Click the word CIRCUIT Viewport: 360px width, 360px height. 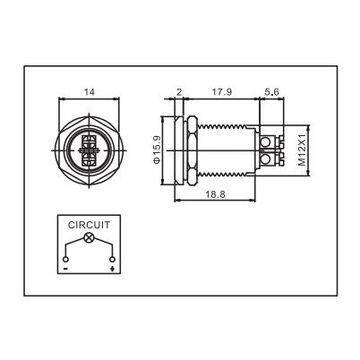point(88,226)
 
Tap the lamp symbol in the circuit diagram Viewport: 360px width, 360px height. point(88,240)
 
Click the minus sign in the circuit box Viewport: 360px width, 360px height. point(64,267)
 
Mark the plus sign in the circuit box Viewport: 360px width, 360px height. point(110,267)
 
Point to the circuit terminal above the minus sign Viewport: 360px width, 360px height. point(64,257)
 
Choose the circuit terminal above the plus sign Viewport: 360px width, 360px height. point(110,257)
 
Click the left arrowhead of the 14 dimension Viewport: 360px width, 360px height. point(63,101)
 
